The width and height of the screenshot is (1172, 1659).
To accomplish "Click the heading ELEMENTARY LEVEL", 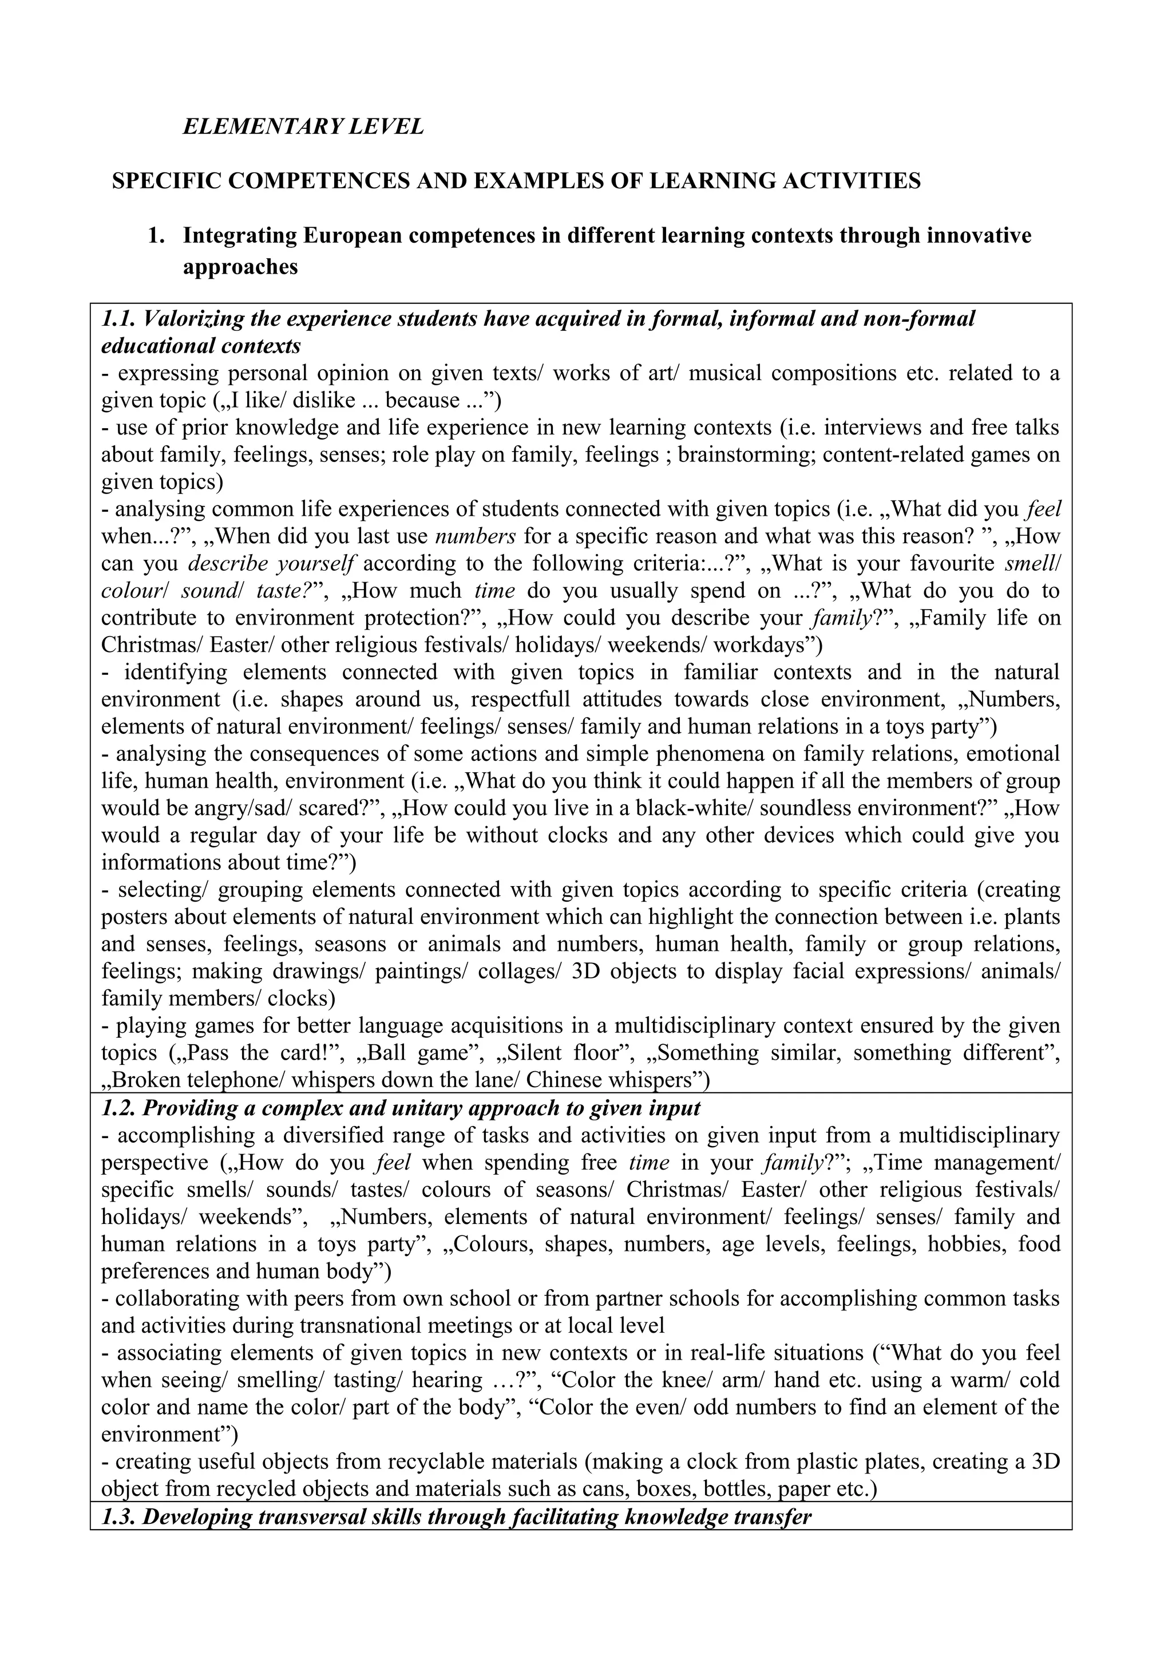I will pyautogui.click(x=303, y=127).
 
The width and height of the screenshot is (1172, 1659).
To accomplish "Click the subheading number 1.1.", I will pyautogui.click(x=119, y=319).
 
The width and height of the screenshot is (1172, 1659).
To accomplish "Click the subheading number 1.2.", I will pyautogui.click(x=119, y=1108).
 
